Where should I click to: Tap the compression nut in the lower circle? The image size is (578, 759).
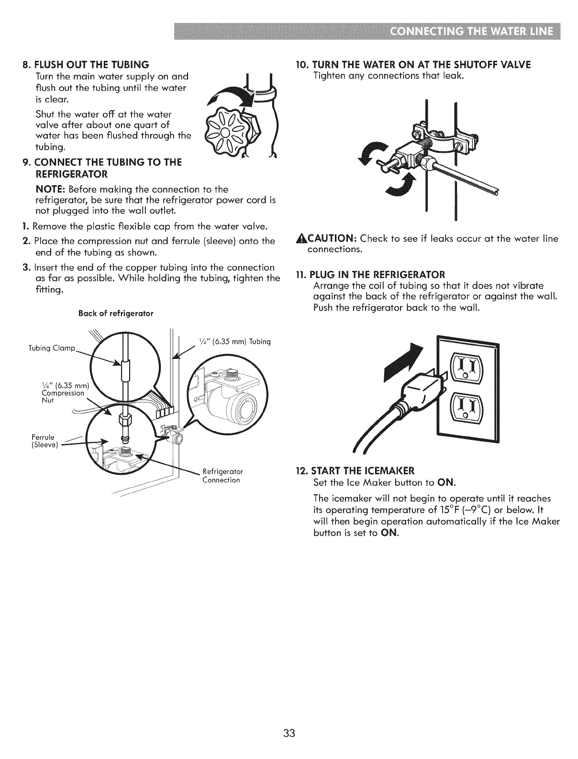click(x=123, y=422)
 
